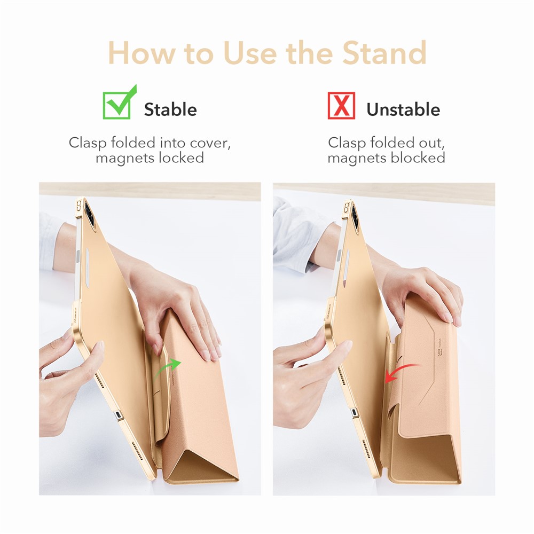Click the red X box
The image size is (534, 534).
[341, 106]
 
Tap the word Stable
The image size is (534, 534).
[170, 109]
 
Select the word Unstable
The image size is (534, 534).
[403, 109]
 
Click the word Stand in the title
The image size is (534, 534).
[384, 52]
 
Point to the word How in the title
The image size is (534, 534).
[142, 52]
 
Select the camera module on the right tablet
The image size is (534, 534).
[355, 217]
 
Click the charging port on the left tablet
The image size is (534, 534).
[118, 416]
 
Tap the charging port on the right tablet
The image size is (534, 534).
[355, 413]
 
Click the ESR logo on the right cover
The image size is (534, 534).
[439, 348]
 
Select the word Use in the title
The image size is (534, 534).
[250, 52]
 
